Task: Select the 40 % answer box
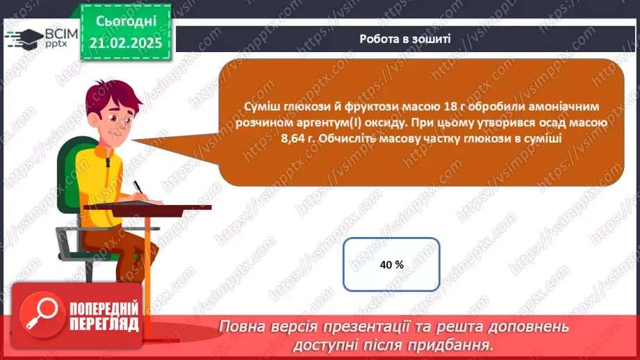(x=392, y=264)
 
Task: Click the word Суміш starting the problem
(x=261, y=106)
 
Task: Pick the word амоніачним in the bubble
(x=568, y=106)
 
